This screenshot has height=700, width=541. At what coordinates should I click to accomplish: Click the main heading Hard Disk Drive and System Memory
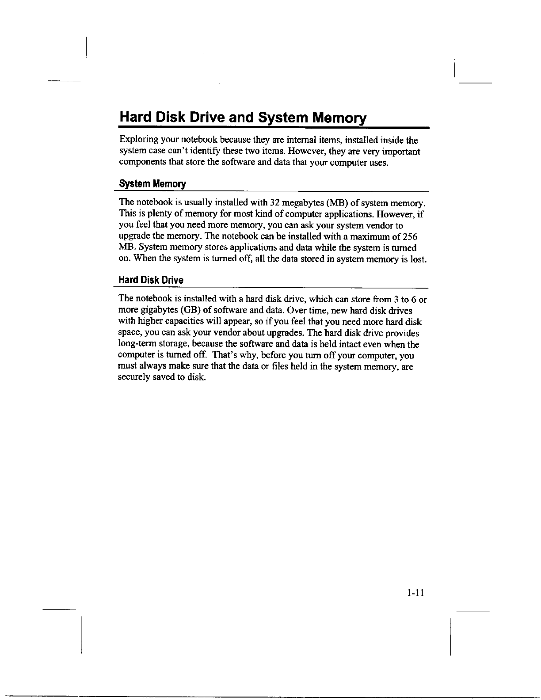(x=243, y=118)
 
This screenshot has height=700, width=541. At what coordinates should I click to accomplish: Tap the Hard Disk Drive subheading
(x=151, y=280)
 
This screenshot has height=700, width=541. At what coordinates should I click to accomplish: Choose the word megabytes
(x=303, y=203)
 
